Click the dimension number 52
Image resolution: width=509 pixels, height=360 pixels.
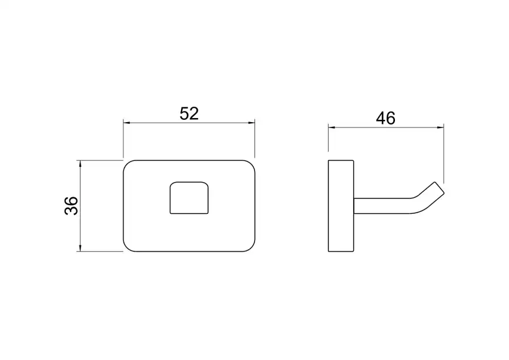[189, 113]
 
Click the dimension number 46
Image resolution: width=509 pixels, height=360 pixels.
[386, 118]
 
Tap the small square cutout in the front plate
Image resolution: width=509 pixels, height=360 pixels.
[189, 198]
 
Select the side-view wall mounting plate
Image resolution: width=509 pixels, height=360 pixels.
[341, 206]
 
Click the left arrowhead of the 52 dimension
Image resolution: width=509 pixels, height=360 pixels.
[126, 123]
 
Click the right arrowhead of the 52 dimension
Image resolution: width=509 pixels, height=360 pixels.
[252, 123]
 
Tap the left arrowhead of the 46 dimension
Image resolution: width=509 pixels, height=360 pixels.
[331, 127]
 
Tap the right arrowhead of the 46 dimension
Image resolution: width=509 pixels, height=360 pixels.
[440, 127]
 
